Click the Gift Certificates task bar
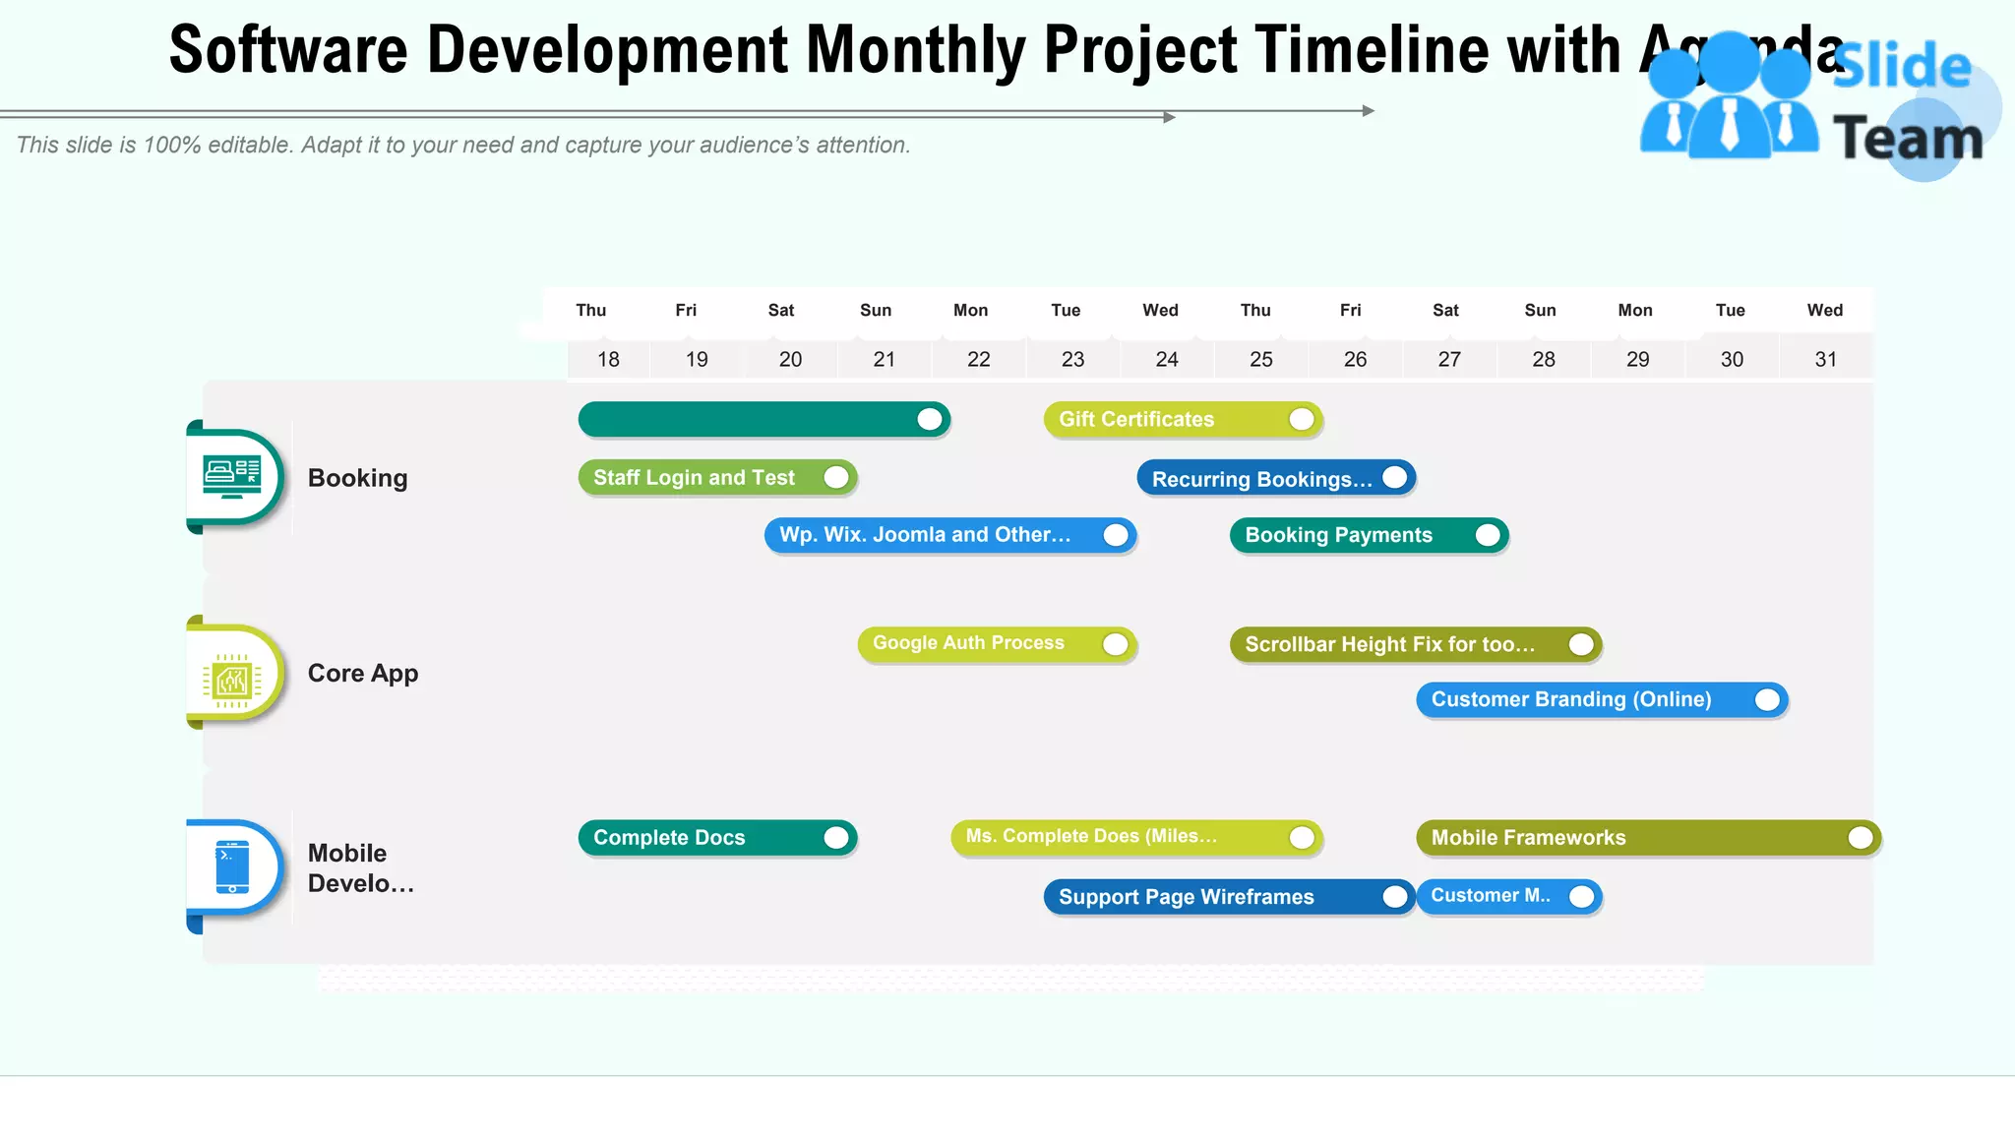point(1182,420)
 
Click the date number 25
point(1260,360)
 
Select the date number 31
point(1825,360)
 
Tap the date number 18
point(608,360)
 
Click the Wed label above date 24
point(1160,311)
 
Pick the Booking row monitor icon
point(232,477)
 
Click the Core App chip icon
point(232,679)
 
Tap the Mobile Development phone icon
point(232,866)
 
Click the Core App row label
point(362,674)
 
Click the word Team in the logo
point(1907,138)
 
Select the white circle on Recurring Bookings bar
point(1394,478)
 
